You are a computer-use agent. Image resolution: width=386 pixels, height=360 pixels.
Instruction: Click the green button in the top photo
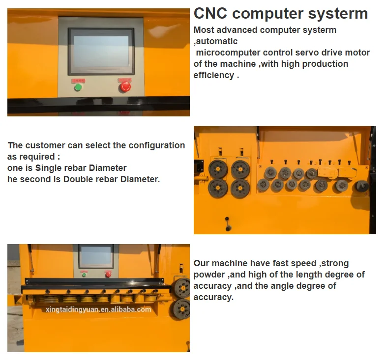[78, 87]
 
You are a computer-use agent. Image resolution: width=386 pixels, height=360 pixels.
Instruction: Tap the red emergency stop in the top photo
[125, 87]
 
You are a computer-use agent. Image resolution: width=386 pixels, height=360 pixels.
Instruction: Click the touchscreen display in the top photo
[101, 52]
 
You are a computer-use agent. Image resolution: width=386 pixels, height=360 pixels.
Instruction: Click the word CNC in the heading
[210, 13]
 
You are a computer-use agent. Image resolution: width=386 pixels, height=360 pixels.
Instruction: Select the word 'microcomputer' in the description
[228, 53]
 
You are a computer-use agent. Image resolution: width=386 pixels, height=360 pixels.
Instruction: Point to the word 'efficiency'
[214, 75]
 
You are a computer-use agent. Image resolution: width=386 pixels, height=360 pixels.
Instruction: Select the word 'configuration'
[157, 145]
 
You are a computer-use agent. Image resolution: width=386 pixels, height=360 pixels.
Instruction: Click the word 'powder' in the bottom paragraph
[209, 275]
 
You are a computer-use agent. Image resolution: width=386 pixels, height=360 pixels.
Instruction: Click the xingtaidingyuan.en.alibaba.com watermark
[98, 309]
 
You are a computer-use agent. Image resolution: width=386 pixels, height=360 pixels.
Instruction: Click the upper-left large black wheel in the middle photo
[218, 169]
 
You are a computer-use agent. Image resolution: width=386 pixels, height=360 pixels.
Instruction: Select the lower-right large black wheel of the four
[240, 189]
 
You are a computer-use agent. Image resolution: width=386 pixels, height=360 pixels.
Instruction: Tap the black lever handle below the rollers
[228, 224]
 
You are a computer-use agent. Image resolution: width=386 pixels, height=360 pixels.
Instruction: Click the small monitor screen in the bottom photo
[96, 256]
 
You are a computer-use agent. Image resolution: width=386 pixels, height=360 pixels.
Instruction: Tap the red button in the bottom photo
[108, 275]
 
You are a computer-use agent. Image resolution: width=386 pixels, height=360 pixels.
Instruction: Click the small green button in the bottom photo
[84, 275]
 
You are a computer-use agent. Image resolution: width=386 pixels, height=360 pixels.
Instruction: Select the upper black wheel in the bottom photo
[181, 288]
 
